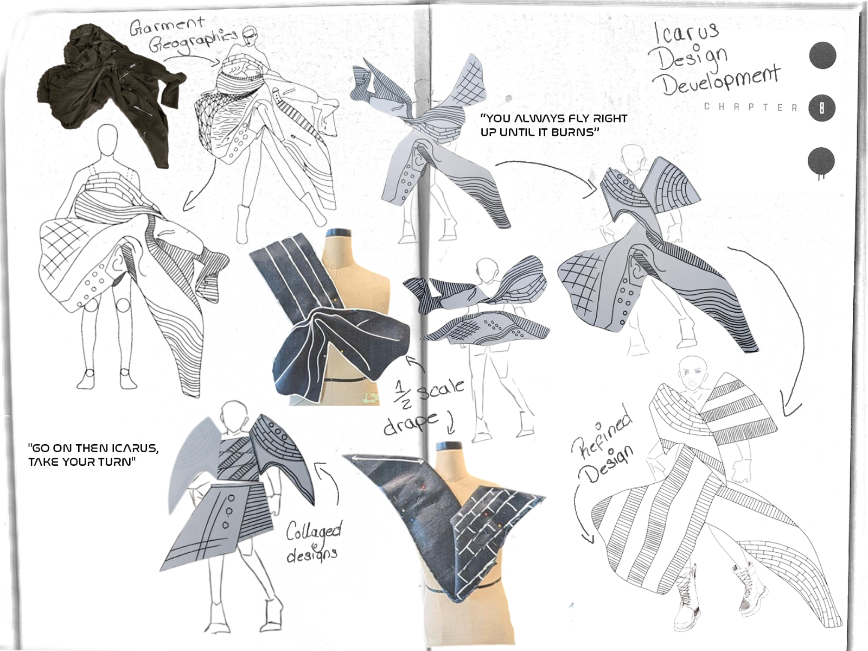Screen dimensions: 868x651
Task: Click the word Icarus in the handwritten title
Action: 686,33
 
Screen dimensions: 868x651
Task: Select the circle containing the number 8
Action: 822,108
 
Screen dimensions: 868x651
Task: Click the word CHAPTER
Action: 751,108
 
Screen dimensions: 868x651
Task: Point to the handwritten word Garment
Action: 168,27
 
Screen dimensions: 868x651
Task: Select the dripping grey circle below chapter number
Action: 821,163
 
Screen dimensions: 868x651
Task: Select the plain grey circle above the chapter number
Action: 822,55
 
